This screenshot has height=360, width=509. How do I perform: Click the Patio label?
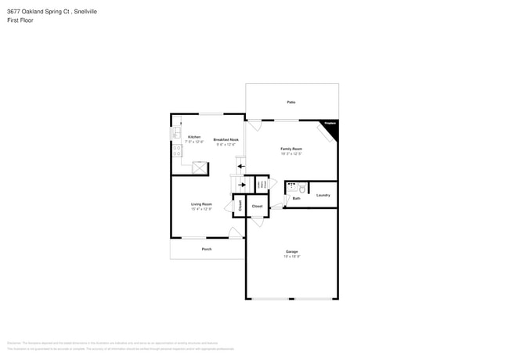point(291,102)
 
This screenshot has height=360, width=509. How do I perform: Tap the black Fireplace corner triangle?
point(332,128)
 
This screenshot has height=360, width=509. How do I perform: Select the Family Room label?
point(291,149)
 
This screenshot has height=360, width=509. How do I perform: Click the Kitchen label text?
point(193,137)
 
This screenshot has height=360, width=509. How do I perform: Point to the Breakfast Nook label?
point(225,139)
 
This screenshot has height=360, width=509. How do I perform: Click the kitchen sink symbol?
point(176,134)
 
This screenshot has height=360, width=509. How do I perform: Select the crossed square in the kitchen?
point(200,167)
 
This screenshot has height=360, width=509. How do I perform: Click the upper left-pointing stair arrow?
point(241,166)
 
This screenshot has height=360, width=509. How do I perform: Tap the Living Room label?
point(201,204)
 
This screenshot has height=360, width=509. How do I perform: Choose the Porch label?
point(207,249)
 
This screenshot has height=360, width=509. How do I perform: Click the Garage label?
point(291,251)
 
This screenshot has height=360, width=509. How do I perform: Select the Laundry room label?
point(323,195)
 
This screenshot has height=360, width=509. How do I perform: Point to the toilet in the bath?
point(302,188)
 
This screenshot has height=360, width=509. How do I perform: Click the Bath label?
point(296,199)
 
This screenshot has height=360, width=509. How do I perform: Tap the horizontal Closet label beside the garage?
point(257,206)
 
